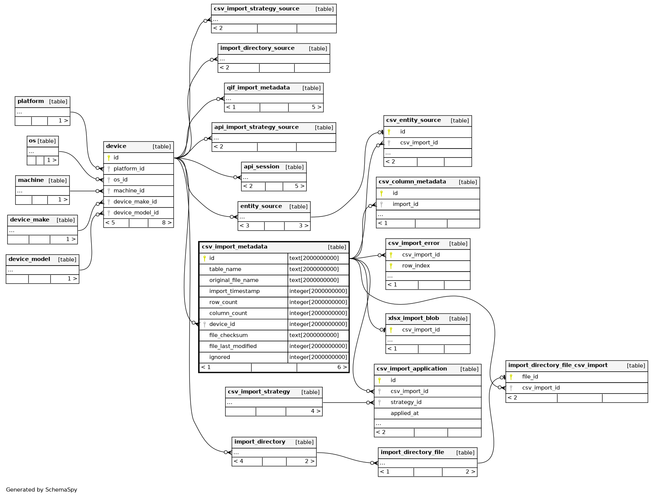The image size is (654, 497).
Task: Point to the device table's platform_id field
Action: point(129,169)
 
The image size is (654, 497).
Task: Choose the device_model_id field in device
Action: point(136,213)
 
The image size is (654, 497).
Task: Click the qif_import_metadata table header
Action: point(258,88)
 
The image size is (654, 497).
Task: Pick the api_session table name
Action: point(262,167)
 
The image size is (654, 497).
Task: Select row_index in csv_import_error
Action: point(416,266)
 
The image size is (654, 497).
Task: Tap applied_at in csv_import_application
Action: point(404,413)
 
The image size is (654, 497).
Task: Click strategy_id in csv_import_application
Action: point(406,402)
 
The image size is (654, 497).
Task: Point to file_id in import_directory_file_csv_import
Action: point(530,377)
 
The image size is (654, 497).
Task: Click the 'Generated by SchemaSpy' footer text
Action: point(42,489)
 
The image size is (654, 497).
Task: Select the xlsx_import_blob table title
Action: point(413,318)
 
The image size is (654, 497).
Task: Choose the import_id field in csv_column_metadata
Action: point(405,204)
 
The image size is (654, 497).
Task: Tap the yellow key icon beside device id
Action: point(109,158)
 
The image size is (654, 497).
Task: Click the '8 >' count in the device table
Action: point(167,223)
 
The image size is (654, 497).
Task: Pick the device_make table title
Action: point(30,220)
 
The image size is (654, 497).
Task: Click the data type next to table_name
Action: point(314,269)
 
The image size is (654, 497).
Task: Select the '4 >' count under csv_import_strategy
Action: point(316,411)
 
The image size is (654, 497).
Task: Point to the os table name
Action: point(32,141)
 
